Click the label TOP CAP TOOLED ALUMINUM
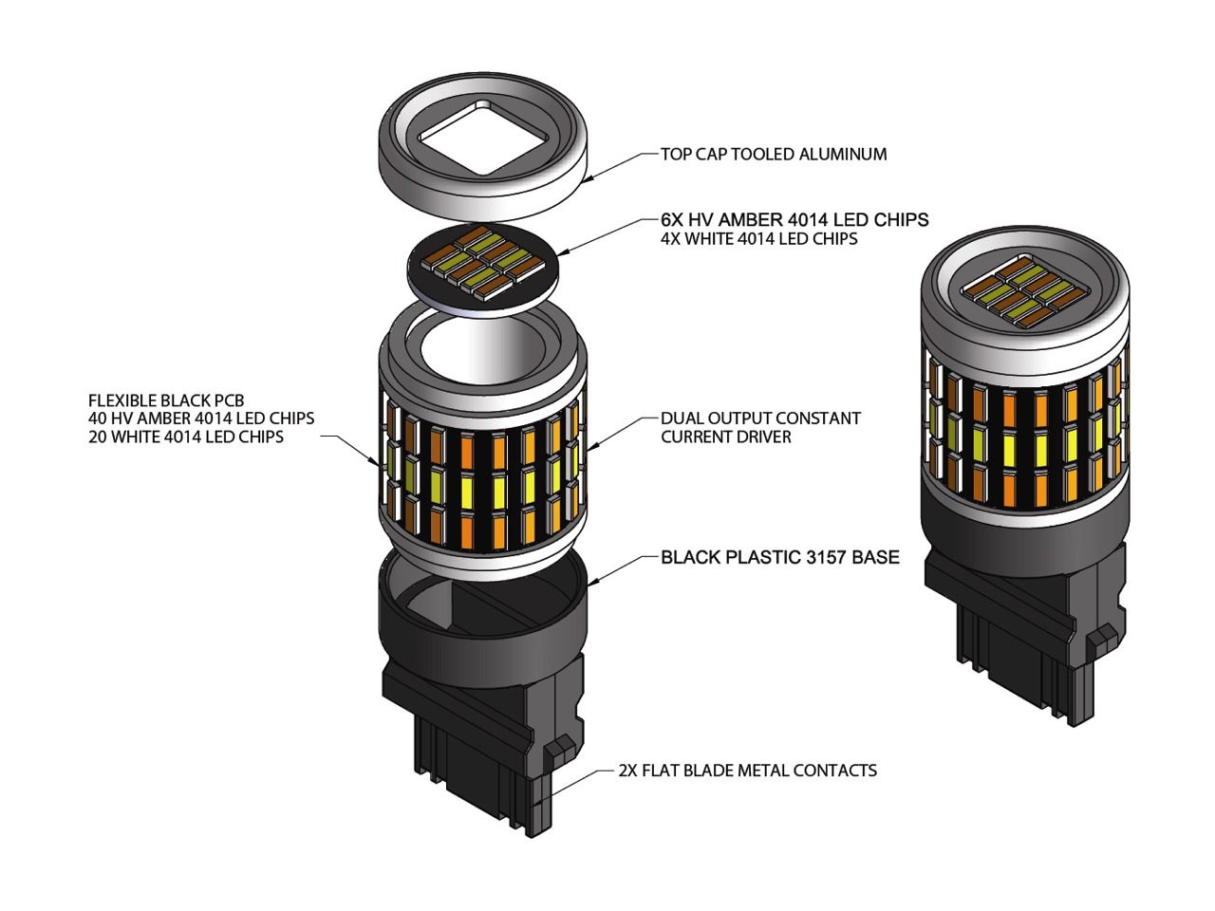click(774, 154)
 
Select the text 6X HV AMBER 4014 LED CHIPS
click(794, 219)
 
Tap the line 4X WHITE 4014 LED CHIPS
click(758, 239)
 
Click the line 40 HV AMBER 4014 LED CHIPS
click(200, 418)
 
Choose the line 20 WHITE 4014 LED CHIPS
click(185, 437)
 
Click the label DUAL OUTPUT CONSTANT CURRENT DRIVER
click(760, 427)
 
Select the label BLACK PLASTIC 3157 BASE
click(779, 557)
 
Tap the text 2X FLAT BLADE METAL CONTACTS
click(747, 770)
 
